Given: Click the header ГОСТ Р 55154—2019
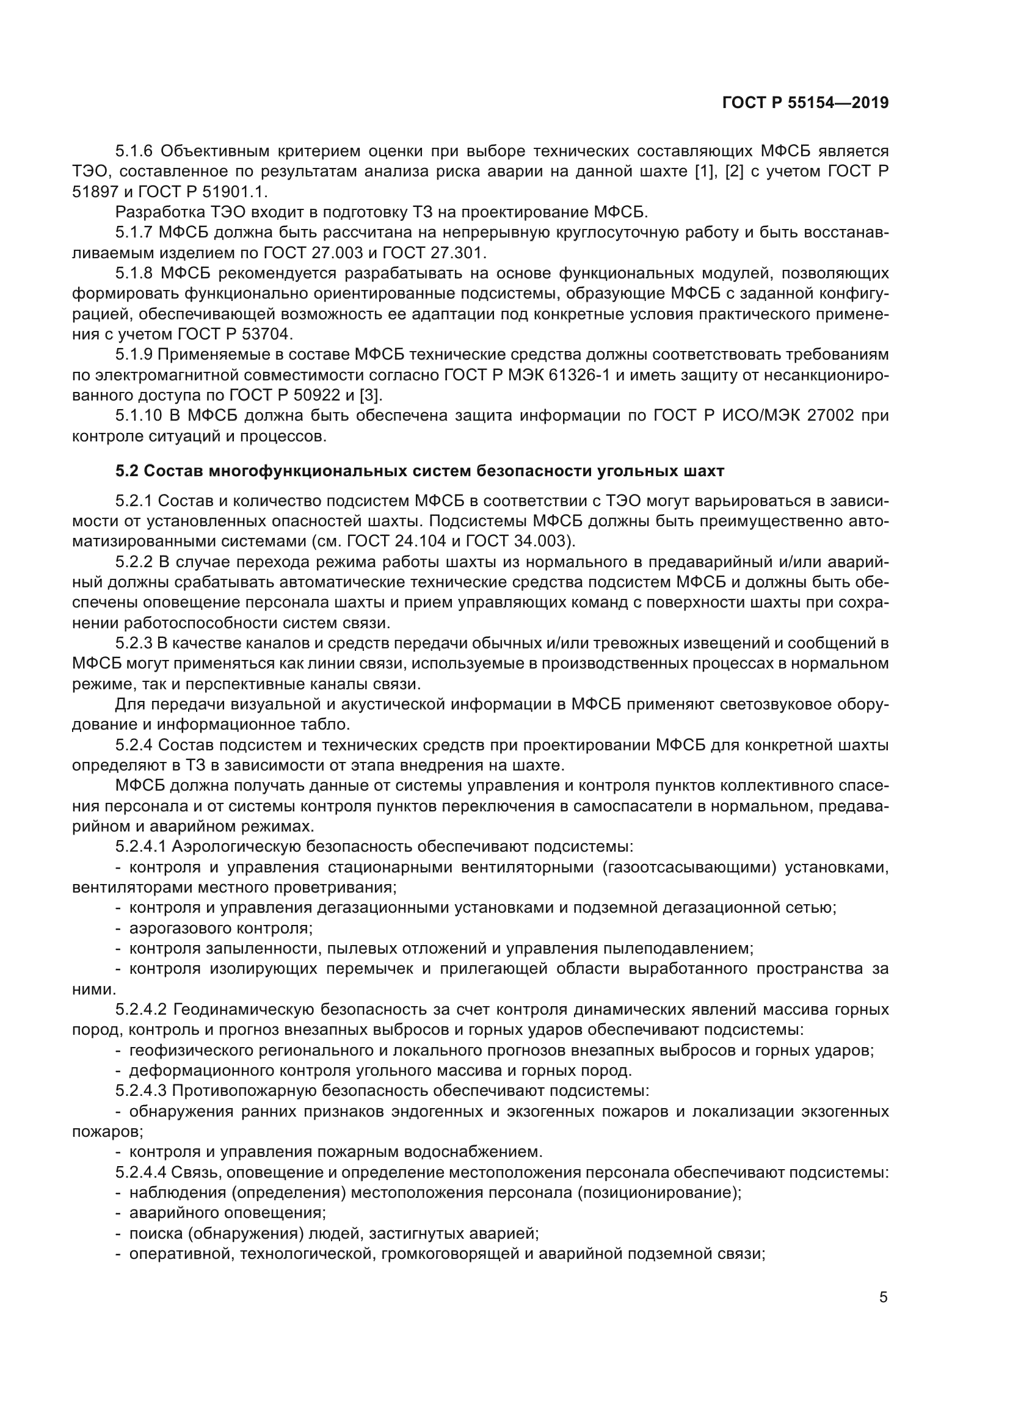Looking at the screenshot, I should [x=805, y=103].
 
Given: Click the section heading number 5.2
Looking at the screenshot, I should [x=126, y=471].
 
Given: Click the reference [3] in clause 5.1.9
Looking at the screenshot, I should [x=371, y=395].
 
